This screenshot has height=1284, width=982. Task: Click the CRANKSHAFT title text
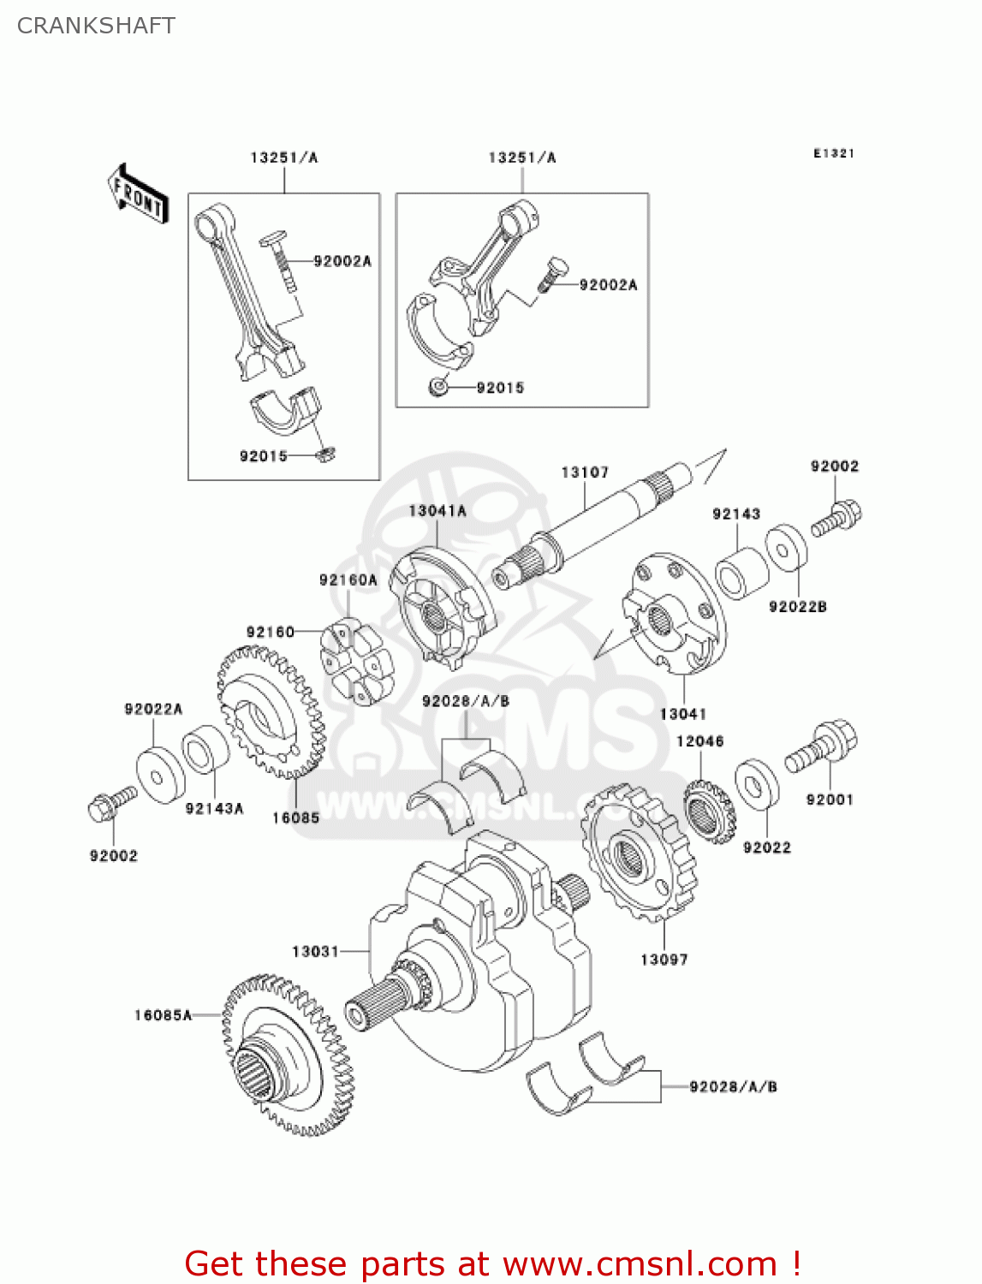[x=96, y=26]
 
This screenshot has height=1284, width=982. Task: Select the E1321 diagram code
[x=833, y=153]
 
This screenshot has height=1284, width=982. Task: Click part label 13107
[x=585, y=473]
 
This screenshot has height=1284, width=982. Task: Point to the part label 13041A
[x=437, y=511]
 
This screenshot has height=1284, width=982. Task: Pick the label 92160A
[x=348, y=580]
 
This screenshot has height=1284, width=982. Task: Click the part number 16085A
[x=163, y=1015]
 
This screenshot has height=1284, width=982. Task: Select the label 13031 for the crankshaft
[x=315, y=951]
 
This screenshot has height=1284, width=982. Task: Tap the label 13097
[x=664, y=960]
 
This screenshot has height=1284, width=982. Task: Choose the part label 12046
[x=699, y=741]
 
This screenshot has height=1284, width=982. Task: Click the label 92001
[x=830, y=800]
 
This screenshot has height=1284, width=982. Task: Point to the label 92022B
[x=797, y=607]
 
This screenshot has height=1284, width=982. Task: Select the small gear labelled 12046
[x=710, y=809]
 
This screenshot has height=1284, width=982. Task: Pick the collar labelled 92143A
[x=206, y=750]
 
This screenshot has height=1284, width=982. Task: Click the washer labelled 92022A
[x=160, y=776]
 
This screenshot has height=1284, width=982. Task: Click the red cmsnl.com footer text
[x=492, y=1263]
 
